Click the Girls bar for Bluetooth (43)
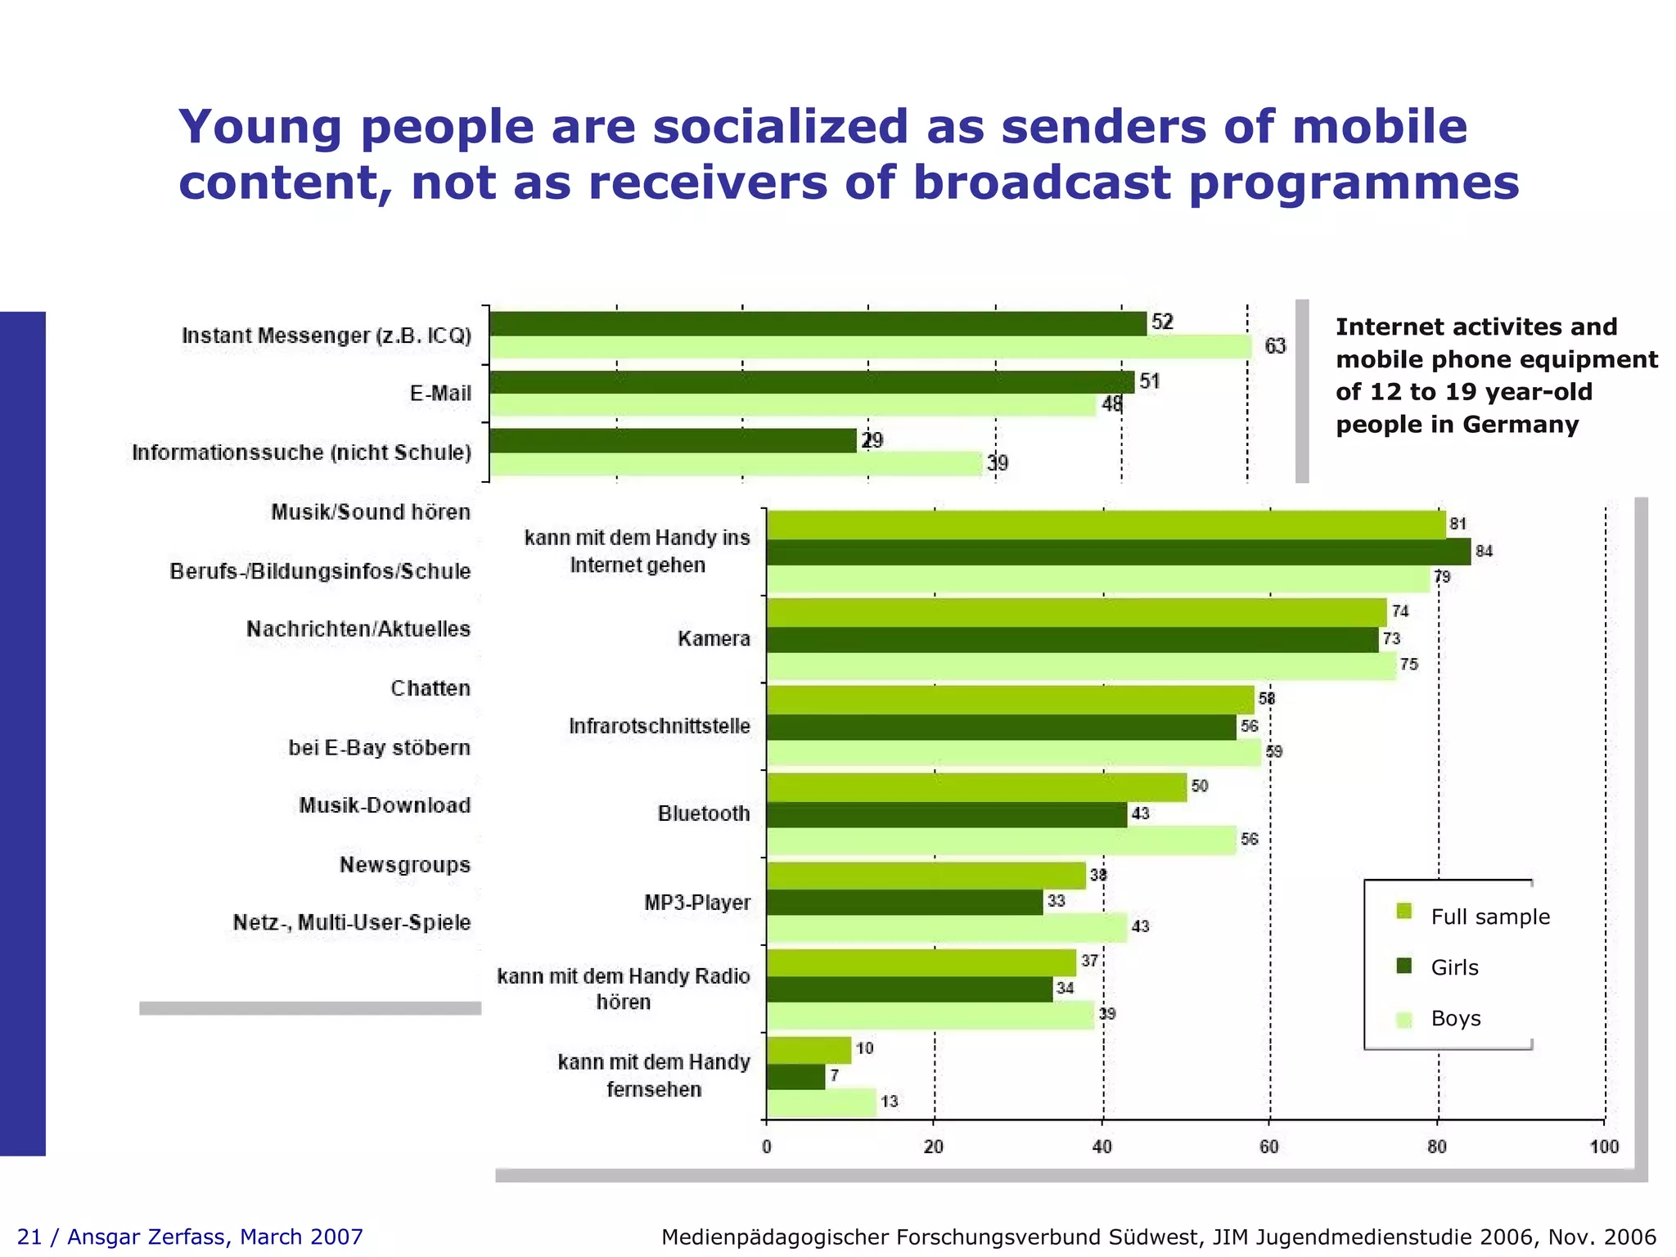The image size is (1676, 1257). pyautogui.click(x=946, y=814)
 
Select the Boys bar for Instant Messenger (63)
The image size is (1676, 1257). pyautogui.click(x=870, y=347)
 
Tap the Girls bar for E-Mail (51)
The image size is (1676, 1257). pyautogui.click(x=811, y=382)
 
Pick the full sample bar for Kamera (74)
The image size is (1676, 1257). pyautogui.click(x=1076, y=612)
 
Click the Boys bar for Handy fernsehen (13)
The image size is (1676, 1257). pyautogui.click(x=821, y=1102)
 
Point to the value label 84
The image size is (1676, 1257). pyautogui.click(x=1484, y=552)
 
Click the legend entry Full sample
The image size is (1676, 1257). pyautogui.click(x=1489, y=917)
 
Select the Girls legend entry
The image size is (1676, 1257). pyautogui.click(x=1454, y=967)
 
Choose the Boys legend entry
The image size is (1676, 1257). pyautogui.click(x=1455, y=1019)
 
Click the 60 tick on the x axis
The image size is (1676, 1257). pyautogui.click(x=1269, y=1147)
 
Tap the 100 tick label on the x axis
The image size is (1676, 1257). pyautogui.click(x=1604, y=1147)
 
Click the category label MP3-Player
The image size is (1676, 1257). pyautogui.click(x=696, y=903)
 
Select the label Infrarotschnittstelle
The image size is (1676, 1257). pyautogui.click(x=659, y=726)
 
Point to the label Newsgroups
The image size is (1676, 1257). pyautogui.click(x=404, y=865)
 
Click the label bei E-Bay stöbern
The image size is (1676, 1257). pyautogui.click(x=379, y=748)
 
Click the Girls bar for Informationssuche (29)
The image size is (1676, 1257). pyautogui.click(x=673, y=441)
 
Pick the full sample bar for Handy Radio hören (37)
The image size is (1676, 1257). pyautogui.click(x=921, y=962)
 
